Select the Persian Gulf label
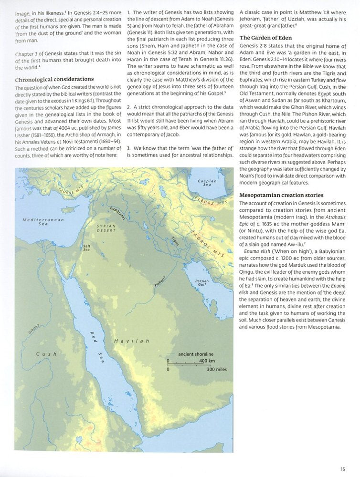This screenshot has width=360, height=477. pos(204,284)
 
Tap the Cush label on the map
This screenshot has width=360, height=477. pos(46,354)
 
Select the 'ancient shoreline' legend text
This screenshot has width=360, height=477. pos(195,354)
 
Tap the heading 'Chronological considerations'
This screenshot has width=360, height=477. pos(54,79)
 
